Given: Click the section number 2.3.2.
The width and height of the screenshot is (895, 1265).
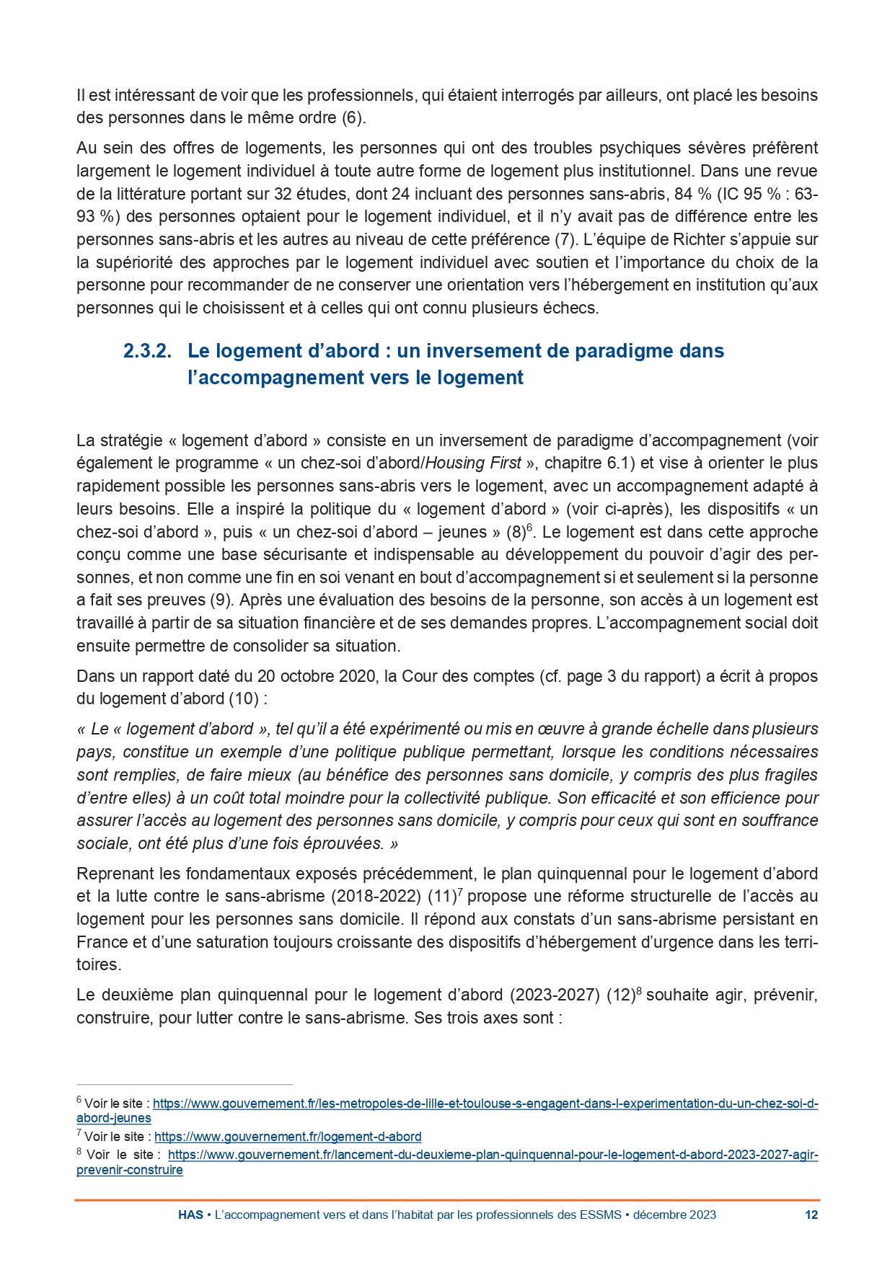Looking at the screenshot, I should (x=147, y=351).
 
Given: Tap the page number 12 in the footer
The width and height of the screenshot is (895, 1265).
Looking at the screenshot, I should (x=811, y=1215).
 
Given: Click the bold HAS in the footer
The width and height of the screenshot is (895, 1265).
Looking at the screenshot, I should (x=190, y=1215).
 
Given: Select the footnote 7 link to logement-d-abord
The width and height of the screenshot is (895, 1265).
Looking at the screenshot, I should (x=288, y=1137).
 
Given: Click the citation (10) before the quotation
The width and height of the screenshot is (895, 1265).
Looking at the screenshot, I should (x=242, y=698).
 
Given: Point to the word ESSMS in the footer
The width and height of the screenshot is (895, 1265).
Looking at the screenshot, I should (x=600, y=1215).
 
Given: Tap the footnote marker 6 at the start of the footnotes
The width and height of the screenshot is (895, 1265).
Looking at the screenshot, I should (x=79, y=1101).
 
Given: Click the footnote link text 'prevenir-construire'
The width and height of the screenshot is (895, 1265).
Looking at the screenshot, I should (x=130, y=1170).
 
